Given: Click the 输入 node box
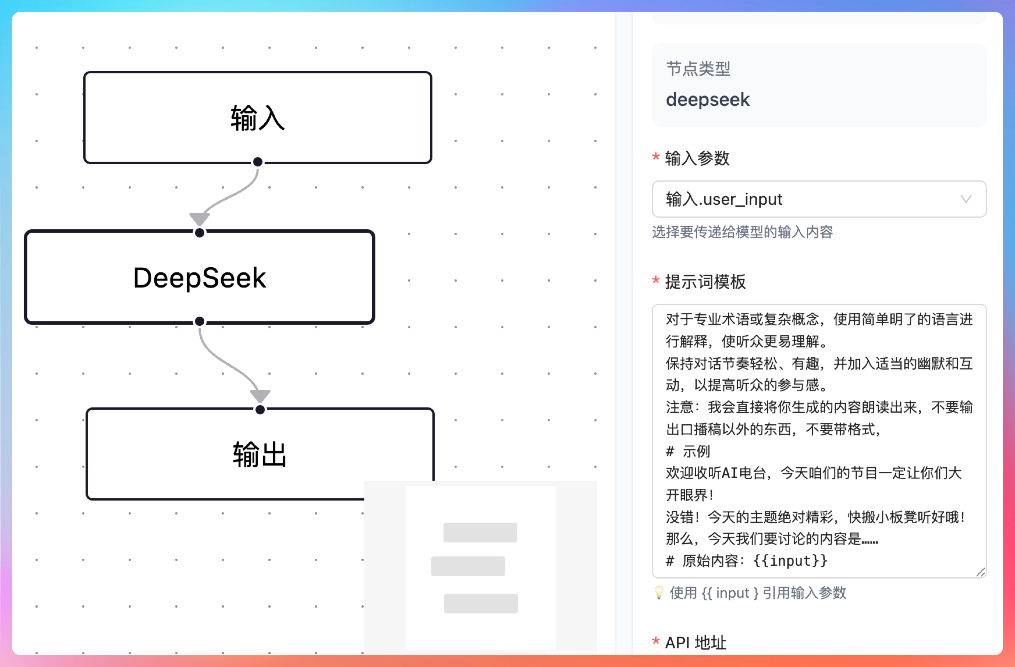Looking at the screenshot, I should pos(258,118).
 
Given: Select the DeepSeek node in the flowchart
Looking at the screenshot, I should pos(200,278).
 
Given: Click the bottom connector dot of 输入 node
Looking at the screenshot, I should pos(258,162).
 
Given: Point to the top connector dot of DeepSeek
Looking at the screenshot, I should pos(200,233).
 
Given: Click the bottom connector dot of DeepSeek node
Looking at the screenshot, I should pos(200,322).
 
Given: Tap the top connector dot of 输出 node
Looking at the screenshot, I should pos(260,410).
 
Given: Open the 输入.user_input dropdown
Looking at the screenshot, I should pos(810,199).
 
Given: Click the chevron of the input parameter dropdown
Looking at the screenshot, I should pos(966,199).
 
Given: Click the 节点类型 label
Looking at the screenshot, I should pos(698,69).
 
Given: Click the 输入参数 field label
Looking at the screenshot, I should pos(697,158).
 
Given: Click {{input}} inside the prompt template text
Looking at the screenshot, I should pos(790,560).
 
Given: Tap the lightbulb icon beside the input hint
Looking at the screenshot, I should pos(659,593).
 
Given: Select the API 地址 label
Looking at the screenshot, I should pos(695,642).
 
